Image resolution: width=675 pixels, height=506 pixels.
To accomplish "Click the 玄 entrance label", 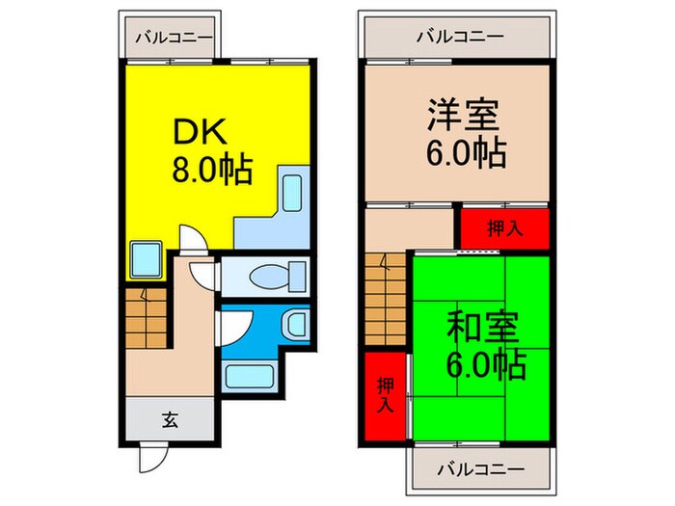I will coord(170,419).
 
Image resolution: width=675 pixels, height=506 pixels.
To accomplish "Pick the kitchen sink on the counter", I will coord(292,192).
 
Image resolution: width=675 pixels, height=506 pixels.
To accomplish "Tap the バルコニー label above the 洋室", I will coord(459,37).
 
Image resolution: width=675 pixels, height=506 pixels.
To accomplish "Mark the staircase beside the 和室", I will coord(384,298).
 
